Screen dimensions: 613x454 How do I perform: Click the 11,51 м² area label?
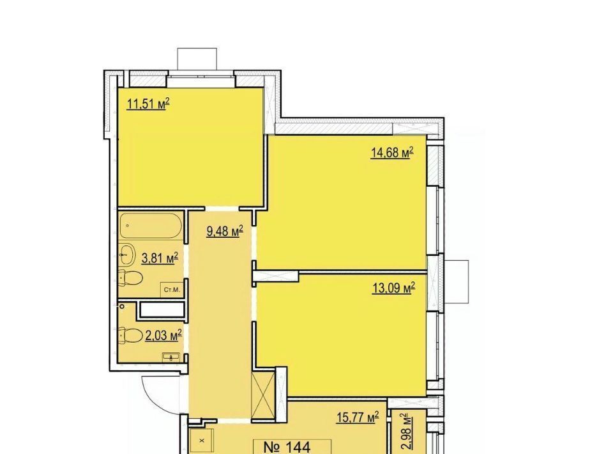coord(148,104)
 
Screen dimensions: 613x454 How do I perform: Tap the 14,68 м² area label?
coord(392,152)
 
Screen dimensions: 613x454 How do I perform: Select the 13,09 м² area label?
coord(393,288)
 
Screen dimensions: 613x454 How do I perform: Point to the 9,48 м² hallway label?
coord(225,231)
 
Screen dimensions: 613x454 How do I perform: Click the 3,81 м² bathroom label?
coord(160,258)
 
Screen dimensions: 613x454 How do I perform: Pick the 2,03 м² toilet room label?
coord(163,335)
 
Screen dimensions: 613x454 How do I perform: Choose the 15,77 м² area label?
coord(358,417)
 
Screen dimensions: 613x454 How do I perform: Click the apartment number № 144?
coord(287,447)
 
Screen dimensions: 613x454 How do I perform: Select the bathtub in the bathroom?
coord(151,226)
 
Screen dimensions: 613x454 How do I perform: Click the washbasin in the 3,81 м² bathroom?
coord(127,254)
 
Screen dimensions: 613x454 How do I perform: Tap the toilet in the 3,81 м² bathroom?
coord(130,278)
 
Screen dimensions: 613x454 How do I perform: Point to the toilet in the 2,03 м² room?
coord(130,335)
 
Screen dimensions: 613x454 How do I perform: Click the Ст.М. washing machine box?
coord(172,290)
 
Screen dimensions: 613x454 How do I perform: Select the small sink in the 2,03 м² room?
coord(171,357)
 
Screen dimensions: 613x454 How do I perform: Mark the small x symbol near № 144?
coord(202,441)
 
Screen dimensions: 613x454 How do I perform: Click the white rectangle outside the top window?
coord(197,59)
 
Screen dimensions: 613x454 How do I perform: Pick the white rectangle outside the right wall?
coord(456,281)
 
